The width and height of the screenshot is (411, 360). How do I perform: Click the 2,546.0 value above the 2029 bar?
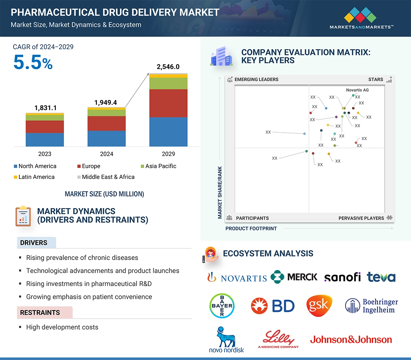[168, 67]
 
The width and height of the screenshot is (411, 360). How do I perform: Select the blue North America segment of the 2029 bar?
[168, 132]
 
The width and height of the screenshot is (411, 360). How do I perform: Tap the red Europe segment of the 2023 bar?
[45, 127]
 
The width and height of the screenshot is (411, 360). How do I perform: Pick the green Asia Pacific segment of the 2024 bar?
[106, 113]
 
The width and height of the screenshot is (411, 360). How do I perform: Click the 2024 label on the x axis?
[106, 154]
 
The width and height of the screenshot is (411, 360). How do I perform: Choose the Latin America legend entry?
[34, 177]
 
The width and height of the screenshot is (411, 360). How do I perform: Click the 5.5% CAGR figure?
[33, 63]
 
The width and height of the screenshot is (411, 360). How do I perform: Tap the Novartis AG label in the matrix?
[357, 90]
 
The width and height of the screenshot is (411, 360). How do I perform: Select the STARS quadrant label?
[376, 79]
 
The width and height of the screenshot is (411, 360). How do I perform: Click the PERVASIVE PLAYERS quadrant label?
[361, 218]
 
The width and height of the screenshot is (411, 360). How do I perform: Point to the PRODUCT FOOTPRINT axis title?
[251, 228]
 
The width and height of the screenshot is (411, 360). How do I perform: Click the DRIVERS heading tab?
[34, 243]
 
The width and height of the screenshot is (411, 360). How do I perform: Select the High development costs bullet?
[62, 327]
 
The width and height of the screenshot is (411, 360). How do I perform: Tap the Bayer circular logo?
[222, 306]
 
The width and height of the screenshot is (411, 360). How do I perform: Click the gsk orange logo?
[319, 305]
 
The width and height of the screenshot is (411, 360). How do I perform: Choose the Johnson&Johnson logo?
[351, 340]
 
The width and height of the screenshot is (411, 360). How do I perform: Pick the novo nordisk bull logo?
[226, 339]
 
